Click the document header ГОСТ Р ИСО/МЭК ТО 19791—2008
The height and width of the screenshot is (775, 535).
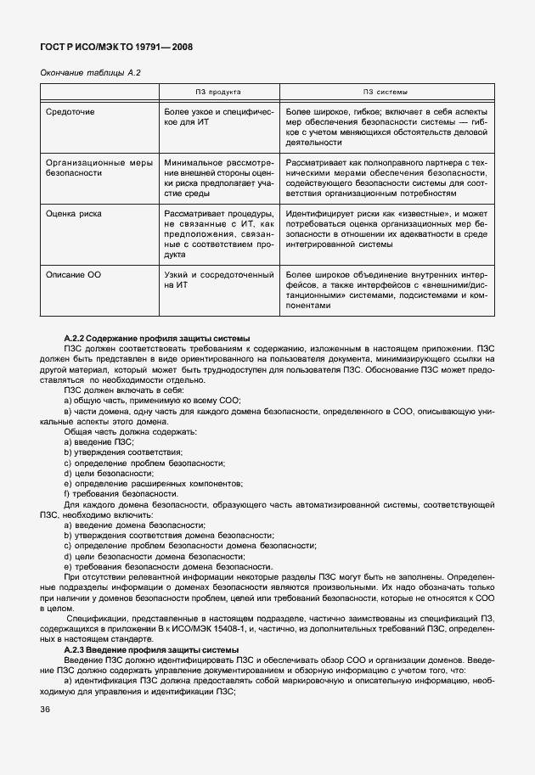click(x=116, y=47)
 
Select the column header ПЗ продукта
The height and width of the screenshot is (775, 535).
click(x=218, y=92)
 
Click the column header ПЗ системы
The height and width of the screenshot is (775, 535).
click(x=386, y=92)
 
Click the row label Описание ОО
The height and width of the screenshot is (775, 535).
click(x=73, y=275)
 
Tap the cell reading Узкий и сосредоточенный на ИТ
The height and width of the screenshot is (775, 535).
click(x=218, y=281)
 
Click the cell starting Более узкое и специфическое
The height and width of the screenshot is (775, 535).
click(x=218, y=117)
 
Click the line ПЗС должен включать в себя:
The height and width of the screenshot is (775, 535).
click(x=123, y=390)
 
